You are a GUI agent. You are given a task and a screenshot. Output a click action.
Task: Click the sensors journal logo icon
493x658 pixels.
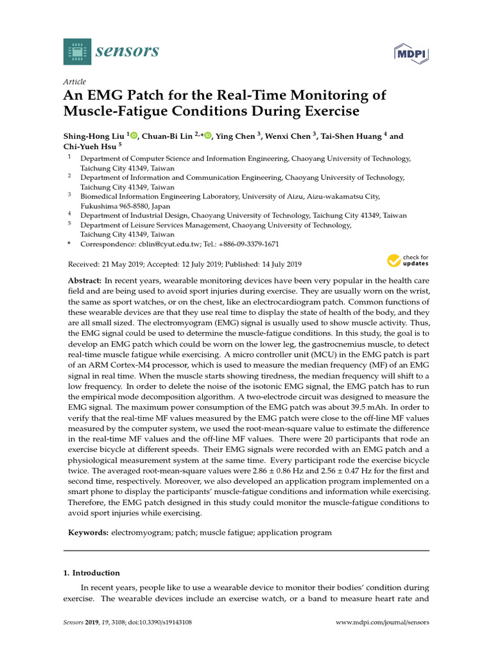78,51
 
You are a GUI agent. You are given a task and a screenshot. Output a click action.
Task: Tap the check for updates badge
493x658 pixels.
408,261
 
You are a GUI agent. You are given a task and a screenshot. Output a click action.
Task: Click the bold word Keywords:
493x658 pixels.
89,533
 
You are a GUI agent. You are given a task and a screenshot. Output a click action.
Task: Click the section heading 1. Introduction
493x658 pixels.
92,573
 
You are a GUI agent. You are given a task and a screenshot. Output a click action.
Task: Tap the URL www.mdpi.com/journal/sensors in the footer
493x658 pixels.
383,623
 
